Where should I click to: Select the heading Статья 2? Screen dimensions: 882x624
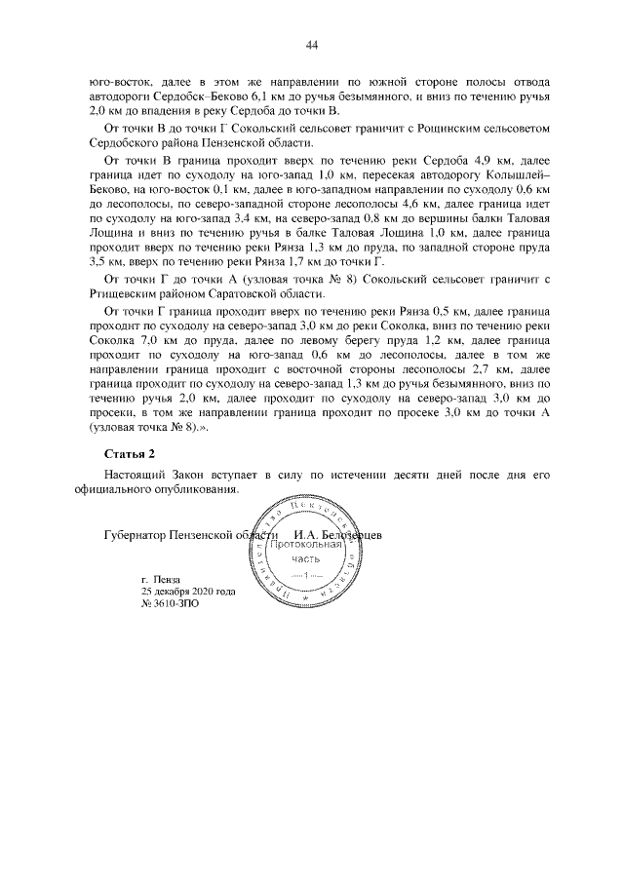click(129, 453)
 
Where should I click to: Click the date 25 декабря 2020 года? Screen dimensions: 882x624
click(187, 591)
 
